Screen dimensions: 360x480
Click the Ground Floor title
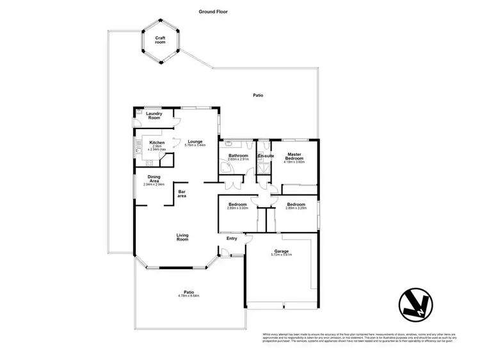[x=213, y=12]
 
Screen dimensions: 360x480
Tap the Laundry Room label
[x=154, y=116]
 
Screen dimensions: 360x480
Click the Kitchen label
[x=157, y=143]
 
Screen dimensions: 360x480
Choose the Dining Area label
[x=154, y=178]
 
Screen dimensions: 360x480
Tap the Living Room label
[x=182, y=237]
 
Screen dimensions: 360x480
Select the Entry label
[x=232, y=239]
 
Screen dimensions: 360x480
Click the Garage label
[x=282, y=251]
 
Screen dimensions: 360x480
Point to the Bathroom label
[x=238, y=155]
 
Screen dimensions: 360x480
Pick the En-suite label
[x=266, y=155]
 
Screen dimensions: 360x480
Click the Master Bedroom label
[x=294, y=156]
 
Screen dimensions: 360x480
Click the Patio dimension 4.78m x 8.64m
[x=189, y=296]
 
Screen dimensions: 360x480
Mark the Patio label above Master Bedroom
[x=257, y=95]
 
